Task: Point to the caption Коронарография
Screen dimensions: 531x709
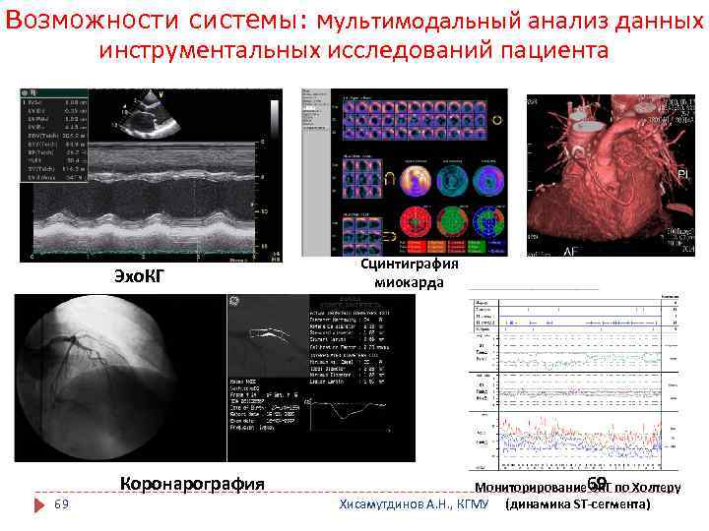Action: coord(191,483)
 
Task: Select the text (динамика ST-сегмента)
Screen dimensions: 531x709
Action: coord(577,504)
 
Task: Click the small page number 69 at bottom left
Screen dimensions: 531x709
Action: coord(61,504)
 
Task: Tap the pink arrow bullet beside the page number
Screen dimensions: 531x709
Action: coord(39,504)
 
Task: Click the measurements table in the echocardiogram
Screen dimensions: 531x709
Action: coord(50,137)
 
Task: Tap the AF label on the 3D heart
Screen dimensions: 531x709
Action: coord(543,252)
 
